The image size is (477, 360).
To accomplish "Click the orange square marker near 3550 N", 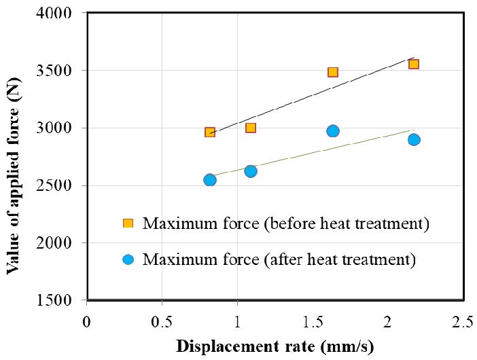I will pyautogui.click(x=413, y=64).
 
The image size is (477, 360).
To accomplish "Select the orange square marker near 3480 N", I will pyautogui.click(x=333, y=72).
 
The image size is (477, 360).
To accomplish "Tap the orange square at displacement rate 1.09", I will pyautogui.click(x=251, y=128).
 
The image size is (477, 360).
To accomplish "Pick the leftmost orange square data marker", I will pyautogui.click(x=210, y=132).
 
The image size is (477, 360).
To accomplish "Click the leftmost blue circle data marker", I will pyautogui.click(x=210, y=180).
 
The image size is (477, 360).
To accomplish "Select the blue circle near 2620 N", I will pyautogui.click(x=251, y=171).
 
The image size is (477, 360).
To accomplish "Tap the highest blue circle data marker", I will pyautogui.click(x=333, y=131).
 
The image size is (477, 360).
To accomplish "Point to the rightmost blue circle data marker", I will pyautogui.click(x=414, y=139).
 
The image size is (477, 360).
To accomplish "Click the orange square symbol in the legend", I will pyautogui.click(x=127, y=223).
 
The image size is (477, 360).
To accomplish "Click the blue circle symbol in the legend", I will pyautogui.click(x=127, y=259).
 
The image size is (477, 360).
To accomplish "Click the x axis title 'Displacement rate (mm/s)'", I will pyautogui.click(x=275, y=346).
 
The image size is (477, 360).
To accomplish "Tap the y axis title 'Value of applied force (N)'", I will pyautogui.click(x=13, y=158).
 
